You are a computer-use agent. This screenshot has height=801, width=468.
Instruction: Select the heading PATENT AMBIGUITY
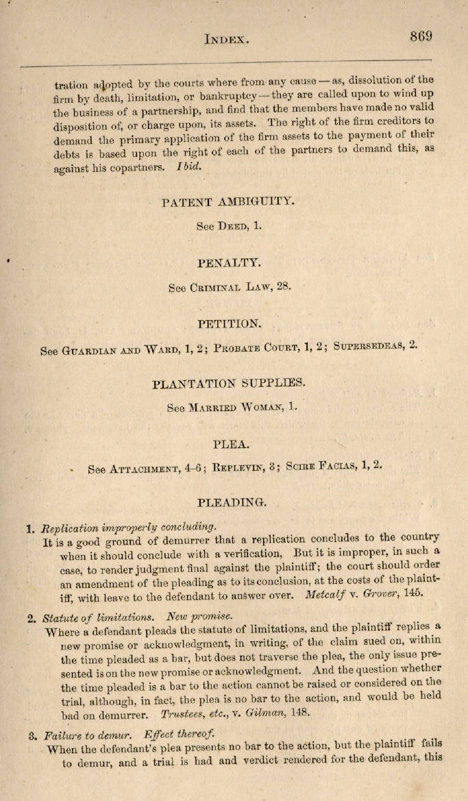click(x=228, y=202)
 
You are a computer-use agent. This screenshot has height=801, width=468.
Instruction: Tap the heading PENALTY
click(x=228, y=263)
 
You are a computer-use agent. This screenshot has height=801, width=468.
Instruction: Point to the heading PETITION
click(x=228, y=323)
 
